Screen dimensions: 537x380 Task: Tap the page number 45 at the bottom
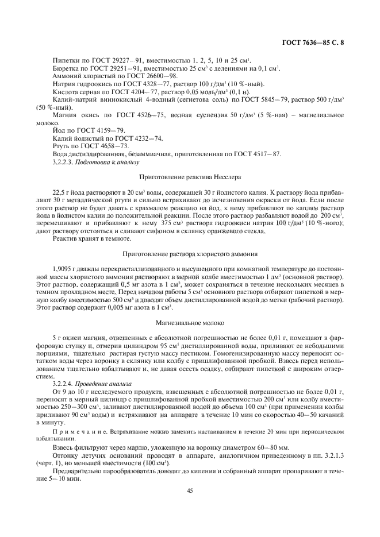190,490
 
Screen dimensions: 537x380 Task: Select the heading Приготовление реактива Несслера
190,177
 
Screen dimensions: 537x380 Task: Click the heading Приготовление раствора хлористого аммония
190,253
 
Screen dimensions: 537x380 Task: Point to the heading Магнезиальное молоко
190,323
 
